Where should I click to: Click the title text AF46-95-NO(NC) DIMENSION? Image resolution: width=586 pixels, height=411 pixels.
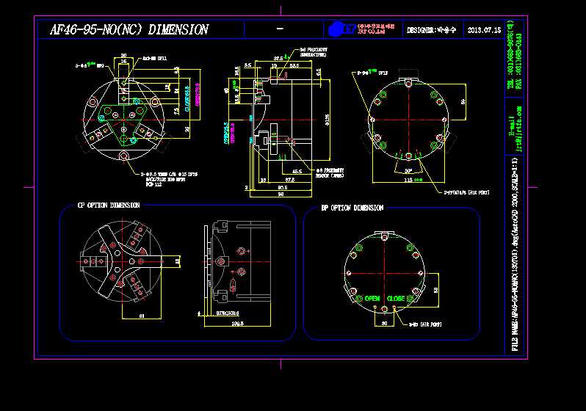coord(129,30)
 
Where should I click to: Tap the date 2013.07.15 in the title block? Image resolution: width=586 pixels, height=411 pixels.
coord(483,30)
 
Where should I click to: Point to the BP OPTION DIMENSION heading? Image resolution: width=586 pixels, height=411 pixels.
coord(352,208)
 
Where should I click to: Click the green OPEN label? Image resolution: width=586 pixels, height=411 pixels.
coord(372,299)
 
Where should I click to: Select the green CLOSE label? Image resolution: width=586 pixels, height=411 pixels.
coord(396,299)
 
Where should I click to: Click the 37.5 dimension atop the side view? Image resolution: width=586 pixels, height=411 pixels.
coord(278,57)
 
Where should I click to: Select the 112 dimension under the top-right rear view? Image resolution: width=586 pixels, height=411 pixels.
coord(408,181)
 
